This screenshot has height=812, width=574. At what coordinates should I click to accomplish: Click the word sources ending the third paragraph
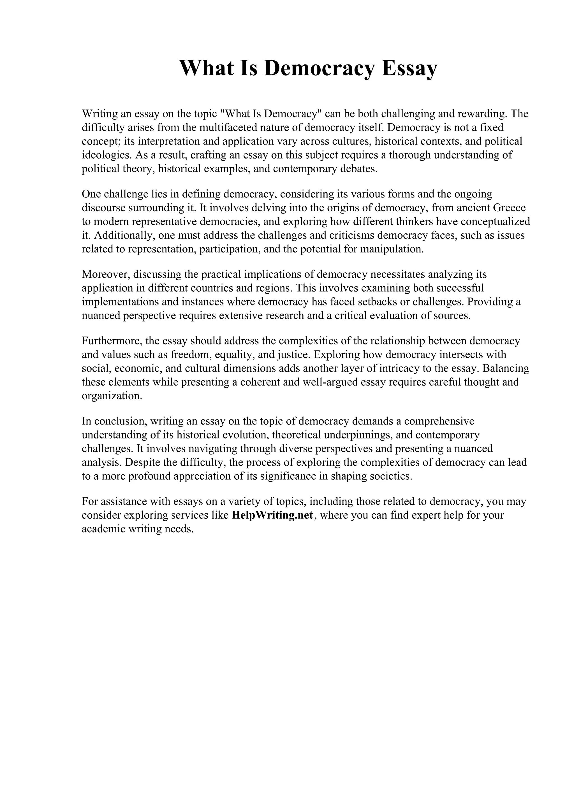pos(452,315)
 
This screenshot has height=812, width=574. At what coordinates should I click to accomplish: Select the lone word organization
pos(112,396)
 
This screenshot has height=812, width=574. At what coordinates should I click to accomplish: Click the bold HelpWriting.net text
pos(272,515)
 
